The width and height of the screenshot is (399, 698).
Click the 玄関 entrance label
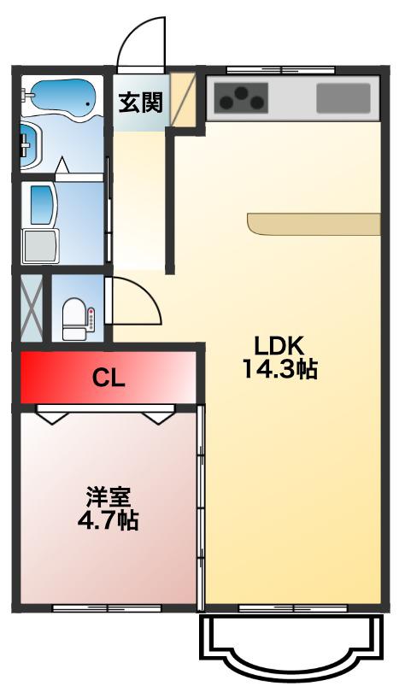(x=140, y=103)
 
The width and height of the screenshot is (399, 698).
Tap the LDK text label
(x=279, y=345)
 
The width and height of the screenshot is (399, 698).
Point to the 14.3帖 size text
(x=279, y=368)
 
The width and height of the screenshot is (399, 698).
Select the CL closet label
(x=109, y=378)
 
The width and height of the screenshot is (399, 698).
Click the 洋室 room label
(x=109, y=498)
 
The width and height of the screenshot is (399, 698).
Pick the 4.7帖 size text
(x=109, y=520)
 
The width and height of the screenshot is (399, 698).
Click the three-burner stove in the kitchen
(x=241, y=98)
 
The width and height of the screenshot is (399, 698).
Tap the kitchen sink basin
(x=343, y=98)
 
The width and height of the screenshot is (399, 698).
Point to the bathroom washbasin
(x=30, y=144)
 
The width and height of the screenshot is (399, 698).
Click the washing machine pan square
(x=40, y=246)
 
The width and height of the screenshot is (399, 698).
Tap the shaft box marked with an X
(x=32, y=308)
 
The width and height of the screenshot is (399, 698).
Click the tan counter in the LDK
(x=314, y=224)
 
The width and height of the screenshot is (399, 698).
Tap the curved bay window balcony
(x=291, y=642)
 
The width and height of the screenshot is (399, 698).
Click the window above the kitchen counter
(x=280, y=69)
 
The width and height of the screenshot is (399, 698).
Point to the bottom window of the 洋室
(x=107, y=608)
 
